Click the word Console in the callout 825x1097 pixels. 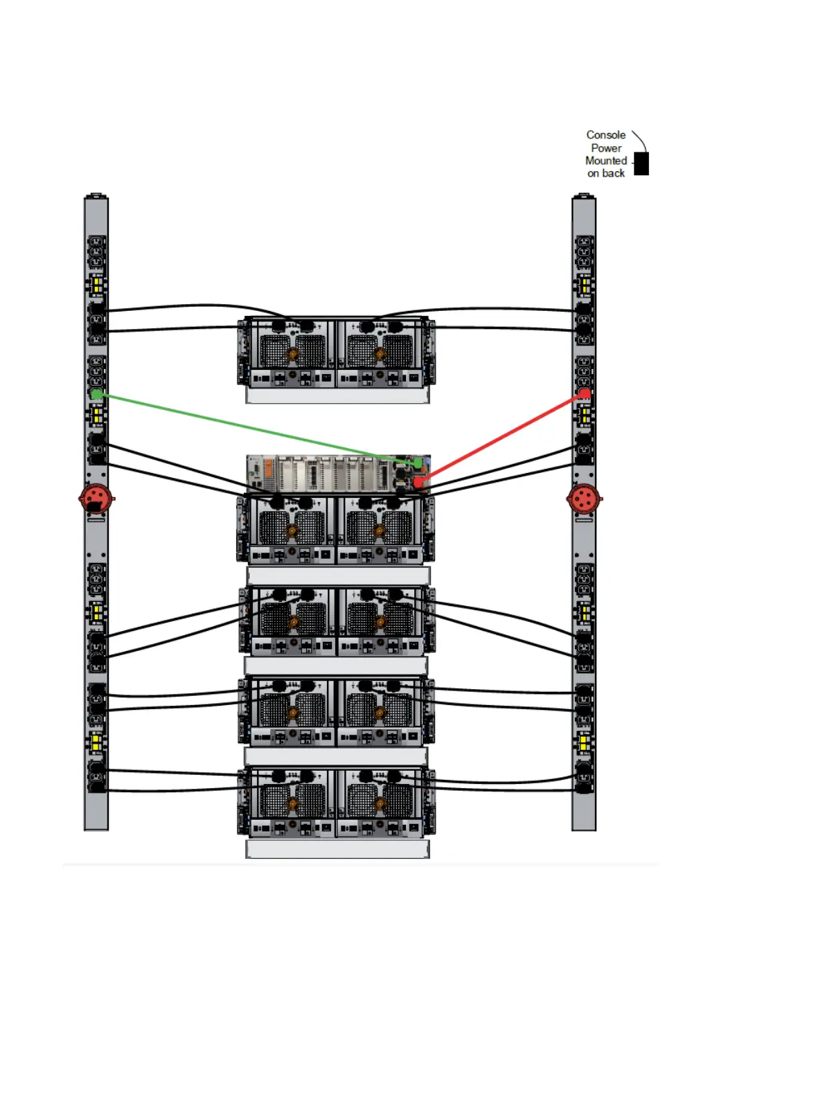(x=605, y=135)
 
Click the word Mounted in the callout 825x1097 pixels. (x=605, y=161)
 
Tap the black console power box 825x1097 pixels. (x=641, y=164)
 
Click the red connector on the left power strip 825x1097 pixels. (x=96, y=498)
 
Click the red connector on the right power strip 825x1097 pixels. (x=584, y=498)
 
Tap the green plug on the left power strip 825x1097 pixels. (x=97, y=394)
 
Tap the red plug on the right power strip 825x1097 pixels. (x=585, y=393)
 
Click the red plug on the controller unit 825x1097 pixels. (x=418, y=481)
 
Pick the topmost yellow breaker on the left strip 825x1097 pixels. (x=97, y=285)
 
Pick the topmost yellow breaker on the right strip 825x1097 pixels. (x=585, y=285)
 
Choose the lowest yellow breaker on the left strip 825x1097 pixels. (x=97, y=742)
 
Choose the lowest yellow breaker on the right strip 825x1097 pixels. (x=584, y=742)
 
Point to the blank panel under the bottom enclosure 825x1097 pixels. (x=337, y=849)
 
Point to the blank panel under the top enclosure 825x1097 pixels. (x=337, y=395)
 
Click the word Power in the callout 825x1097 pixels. (x=605, y=148)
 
